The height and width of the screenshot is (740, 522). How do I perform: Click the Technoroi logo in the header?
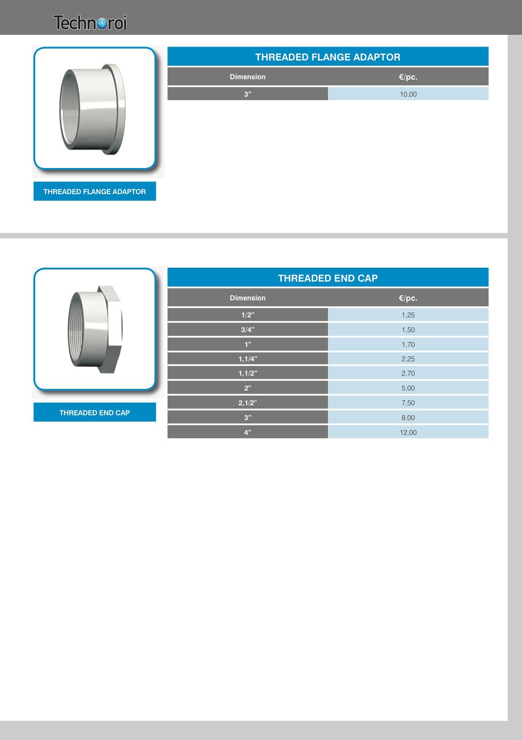[x=90, y=23]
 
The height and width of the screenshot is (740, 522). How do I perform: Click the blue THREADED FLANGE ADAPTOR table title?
[x=328, y=57]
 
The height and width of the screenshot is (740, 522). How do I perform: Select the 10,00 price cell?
[x=408, y=94]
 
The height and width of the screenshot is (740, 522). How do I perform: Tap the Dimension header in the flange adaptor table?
[x=248, y=77]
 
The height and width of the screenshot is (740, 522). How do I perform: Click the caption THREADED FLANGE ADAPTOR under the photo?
[x=94, y=192]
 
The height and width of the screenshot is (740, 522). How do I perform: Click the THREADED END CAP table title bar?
[x=328, y=278]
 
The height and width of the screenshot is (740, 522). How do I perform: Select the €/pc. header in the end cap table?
[x=408, y=298]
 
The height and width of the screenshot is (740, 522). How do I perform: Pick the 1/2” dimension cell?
[x=248, y=315]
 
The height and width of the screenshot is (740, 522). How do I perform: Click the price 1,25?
[x=408, y=315]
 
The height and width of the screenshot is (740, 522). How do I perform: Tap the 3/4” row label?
[x=248, y=330]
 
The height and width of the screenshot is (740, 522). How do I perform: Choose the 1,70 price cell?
[x=408, y=345]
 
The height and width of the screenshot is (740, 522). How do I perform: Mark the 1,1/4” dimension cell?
[x=248, y=359]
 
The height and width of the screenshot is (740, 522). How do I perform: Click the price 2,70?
[x=408, y=373]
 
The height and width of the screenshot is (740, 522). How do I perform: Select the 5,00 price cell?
[x=408, y=388]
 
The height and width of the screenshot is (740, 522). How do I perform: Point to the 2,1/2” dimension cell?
[x=248, y=403]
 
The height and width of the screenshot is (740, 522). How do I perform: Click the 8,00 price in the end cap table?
[x=408, y=418]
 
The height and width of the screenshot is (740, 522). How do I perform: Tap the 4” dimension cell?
[x=248, y=433]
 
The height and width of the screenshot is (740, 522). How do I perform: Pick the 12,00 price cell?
[x=408, y=433]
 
